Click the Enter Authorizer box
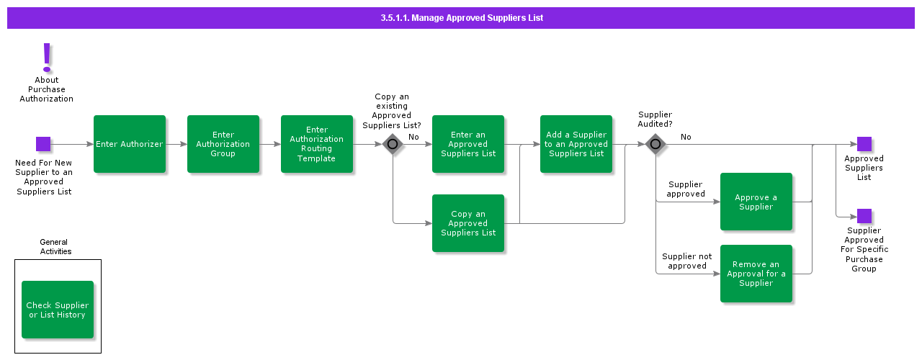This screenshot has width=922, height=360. tap(130, 144)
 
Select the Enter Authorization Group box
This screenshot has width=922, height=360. tap(223, 144)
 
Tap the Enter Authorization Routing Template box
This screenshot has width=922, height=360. tap(317, 144)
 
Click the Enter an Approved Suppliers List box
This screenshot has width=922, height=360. tap(468, 144)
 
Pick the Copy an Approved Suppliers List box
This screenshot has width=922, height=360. tap(468, 223)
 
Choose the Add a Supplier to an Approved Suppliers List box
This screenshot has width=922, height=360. tap(576, 144)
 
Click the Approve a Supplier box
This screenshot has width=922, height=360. tap(756, 202)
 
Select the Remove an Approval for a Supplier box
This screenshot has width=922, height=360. tap(756, 274)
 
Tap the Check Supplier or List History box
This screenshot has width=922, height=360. tap(58, 310)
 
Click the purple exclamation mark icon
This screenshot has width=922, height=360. tap(47, 57)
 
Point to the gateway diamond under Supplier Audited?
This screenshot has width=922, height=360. tap(655, 144)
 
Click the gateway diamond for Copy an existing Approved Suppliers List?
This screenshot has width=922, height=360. tap(393, 144)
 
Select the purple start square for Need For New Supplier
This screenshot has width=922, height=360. tap(43, 144)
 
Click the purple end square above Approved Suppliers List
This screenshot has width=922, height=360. tap(864, 144)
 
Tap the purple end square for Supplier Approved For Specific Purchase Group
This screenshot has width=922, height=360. tap(864, 216)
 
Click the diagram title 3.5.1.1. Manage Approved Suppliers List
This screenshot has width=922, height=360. tap(461, 18)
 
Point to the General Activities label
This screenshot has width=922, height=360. tap(55, 247)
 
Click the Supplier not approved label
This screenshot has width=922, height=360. tap(686, 261)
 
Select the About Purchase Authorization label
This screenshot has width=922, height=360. tap(47, 89)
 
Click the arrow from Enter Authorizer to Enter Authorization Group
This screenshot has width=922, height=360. tap(176, 144)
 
